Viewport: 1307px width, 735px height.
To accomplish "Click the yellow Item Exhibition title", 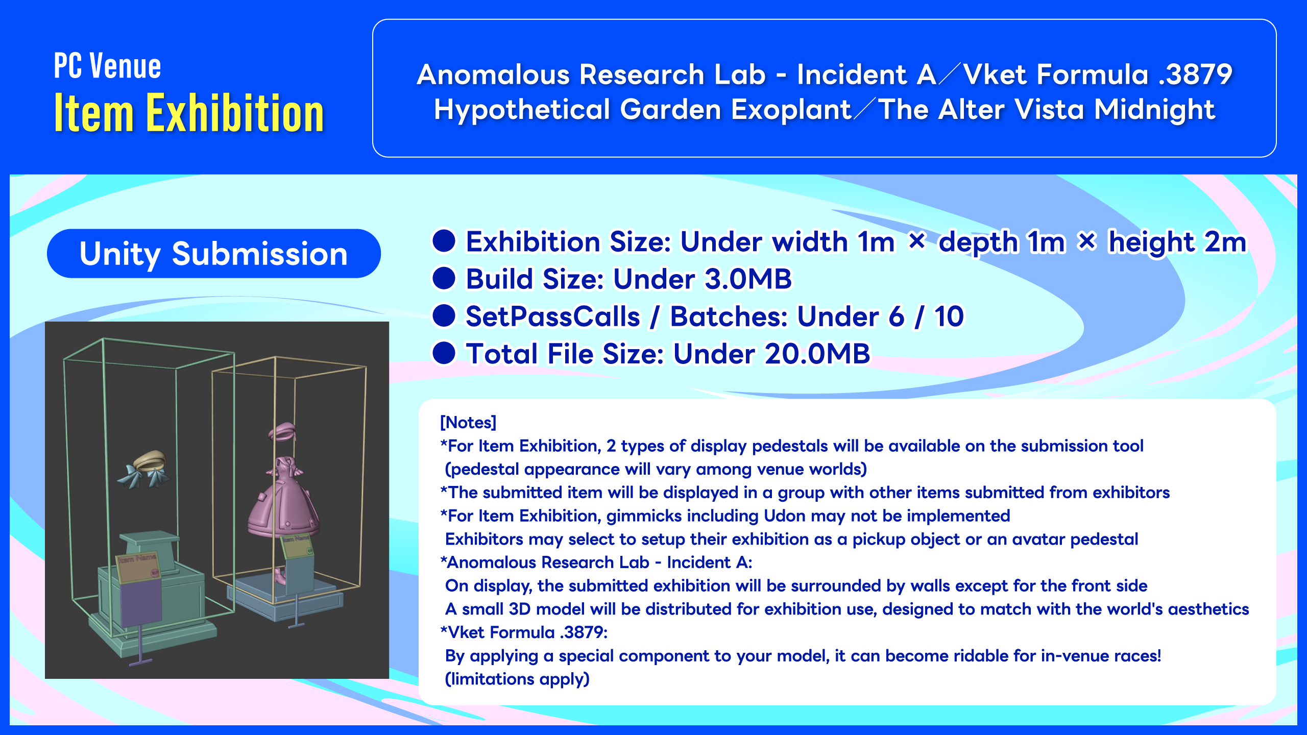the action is coord(189,113).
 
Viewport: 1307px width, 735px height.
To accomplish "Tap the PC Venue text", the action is coord(107,66).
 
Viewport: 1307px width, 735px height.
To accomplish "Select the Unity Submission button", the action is coord(213,254).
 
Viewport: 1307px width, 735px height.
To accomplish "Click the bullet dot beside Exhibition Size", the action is coord(444,241).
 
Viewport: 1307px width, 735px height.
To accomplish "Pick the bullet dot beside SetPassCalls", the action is coord(444,316).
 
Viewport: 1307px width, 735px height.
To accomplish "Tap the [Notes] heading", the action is coord(468,423).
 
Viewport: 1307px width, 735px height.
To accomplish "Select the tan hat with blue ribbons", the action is coord(146,469).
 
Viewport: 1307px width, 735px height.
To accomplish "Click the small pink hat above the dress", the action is coord(282,433).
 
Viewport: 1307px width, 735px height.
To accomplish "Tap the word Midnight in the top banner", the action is coord(1154,110).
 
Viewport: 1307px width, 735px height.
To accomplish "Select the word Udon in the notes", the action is coord(785,516).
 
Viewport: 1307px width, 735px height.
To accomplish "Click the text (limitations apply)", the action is coord(517,679).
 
